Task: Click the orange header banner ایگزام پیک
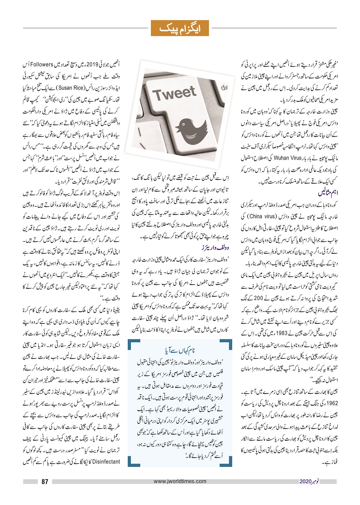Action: click(180, 28)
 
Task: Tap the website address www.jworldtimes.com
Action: click(180, 481)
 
